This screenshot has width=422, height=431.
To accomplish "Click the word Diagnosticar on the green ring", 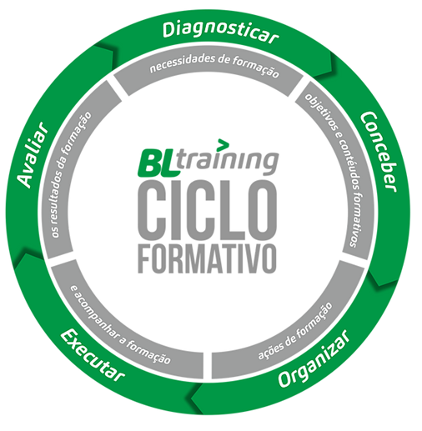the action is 220,33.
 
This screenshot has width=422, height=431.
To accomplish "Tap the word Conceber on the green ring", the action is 379,152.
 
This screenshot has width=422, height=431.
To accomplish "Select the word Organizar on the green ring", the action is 314,359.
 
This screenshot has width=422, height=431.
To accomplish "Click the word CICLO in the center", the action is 208,210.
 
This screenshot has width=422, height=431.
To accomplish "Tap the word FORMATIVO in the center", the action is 208,259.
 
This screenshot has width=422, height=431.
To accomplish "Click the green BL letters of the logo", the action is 158,161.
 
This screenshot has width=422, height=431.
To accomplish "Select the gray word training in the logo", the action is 228,162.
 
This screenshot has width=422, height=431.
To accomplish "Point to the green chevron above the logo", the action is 224,143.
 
